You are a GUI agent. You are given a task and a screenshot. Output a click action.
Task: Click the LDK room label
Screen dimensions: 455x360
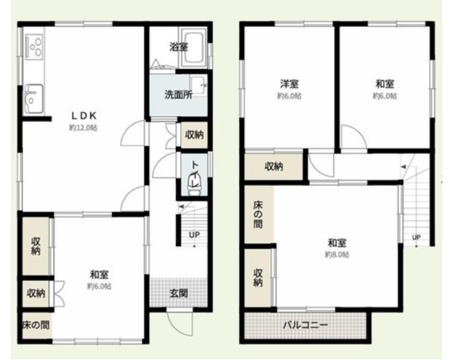click(x=84, y=116)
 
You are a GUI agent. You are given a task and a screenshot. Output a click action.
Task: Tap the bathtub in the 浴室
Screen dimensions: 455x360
click(x=194, y=48)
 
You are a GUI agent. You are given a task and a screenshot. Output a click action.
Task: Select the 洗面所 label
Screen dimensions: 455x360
click(x=178, y=95)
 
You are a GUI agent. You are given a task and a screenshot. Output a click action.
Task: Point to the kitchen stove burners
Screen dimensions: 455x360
click(x=35, y=47)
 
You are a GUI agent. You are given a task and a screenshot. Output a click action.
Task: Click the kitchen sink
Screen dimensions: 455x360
click(x=34, y=99)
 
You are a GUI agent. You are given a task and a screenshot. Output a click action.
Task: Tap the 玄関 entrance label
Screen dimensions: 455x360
click(x=179, y=294)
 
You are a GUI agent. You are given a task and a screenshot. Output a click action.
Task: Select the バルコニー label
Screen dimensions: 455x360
click(x=305, y=325)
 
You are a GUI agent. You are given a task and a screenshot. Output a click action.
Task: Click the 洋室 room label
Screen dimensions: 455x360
click(x=289, y=84)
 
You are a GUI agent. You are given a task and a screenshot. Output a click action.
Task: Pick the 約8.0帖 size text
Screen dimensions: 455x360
click(x=337, y=255)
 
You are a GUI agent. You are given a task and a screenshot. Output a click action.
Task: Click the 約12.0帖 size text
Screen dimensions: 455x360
click(x=83, y=128)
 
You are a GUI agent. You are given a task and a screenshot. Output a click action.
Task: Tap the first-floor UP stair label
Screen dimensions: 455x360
click(x=194, y=235)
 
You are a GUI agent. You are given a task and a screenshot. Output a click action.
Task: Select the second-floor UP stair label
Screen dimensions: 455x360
click(x=417, y=237)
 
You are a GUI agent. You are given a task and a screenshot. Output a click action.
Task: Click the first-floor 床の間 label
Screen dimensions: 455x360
click(x=36, y=325)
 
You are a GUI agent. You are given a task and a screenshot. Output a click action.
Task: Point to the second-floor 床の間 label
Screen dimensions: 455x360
click(x=258, y=214)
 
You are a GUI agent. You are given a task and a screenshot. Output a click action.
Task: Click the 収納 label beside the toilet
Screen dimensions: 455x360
click(x=195, y=135)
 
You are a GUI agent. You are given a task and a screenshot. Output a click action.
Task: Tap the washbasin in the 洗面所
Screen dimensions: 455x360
click(x=198, y=86)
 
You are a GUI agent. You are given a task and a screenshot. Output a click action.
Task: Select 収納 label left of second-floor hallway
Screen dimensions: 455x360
click(x=274, y=167)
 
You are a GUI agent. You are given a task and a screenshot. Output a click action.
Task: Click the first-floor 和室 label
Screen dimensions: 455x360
click(x=99, y=274)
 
